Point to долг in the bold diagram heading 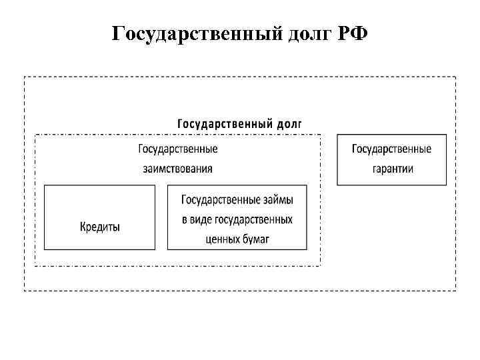[x=288, y=123]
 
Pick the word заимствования [x=178, y=169]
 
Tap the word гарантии [x=393, y=169]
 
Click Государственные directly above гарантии [x=391, y=149]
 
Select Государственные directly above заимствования [x=178, y=149]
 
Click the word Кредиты [x=100, y=227]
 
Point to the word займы [x=276, y=199]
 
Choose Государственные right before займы [x=220, y=199]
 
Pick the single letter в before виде [x=183, y=219]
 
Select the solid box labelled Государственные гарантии [x=391, y=159]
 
